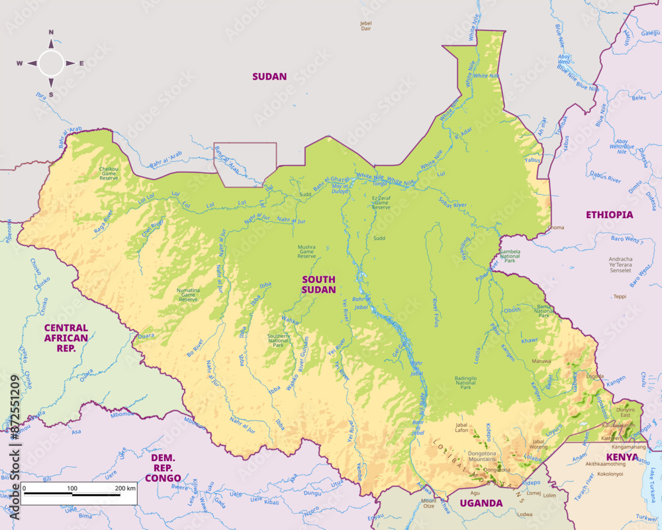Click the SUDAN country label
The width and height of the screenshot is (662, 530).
click(269, 76)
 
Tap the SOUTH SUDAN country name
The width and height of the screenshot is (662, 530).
click(318, 284)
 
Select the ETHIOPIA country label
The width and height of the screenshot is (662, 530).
click(609, 215)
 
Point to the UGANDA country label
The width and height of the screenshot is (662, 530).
click(481, 503)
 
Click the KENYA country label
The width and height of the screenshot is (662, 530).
click(622, 457)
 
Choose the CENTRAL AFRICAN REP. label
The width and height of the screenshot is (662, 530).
click(66, 337)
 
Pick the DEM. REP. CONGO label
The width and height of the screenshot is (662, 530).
click(162, 468)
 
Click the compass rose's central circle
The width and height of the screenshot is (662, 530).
click(51, 63)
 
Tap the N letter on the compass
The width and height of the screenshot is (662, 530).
click(51, 32)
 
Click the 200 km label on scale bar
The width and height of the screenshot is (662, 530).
click(125, 488)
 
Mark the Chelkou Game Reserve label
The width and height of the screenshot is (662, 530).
click(109, 174)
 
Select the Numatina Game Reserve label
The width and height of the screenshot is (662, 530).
click(188, 295)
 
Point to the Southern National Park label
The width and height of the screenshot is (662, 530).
click(278, 340)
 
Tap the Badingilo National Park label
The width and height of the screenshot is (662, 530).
click(465, 382)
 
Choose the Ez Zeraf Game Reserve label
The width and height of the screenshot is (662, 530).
click(381, 202)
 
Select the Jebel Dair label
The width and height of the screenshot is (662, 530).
click(365, 26)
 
